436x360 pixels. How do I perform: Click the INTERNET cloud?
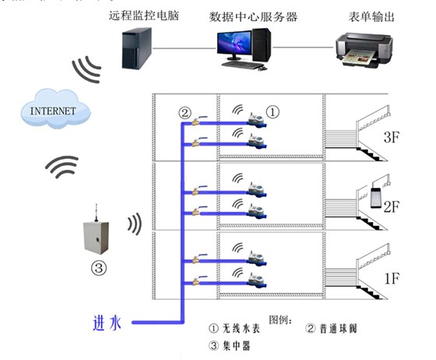(x=52, y=111)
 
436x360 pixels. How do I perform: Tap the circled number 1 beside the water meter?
(x=272, y=112)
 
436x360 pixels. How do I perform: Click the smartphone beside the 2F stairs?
(x=378, y=196)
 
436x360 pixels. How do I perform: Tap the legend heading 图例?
(x=280, y=319)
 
